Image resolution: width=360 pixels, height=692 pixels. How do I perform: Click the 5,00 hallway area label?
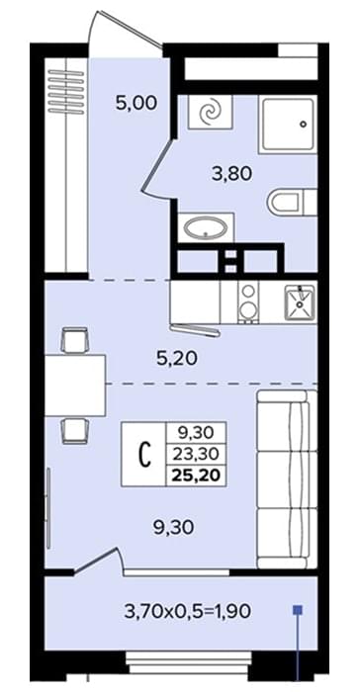tap(136, 104)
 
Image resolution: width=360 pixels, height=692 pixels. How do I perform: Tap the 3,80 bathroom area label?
tap(232, 173)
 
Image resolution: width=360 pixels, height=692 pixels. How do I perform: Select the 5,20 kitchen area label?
tap(177, 359)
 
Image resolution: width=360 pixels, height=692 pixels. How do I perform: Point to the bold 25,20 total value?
tap(196, 475)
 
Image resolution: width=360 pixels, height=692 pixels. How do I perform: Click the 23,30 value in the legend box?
tap(196, 453)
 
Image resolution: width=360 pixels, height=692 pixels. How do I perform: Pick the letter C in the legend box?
tap(144, 455)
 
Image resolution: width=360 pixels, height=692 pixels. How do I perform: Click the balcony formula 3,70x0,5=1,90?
tap(188, 611)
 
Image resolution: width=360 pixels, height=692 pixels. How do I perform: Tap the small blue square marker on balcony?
tap(298, 610)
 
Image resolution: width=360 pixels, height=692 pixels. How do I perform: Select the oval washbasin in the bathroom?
tap(206, 227)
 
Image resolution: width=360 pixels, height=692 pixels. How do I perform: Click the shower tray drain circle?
tap(303, 124)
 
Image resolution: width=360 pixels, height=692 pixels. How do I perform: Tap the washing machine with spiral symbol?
tap(211, 112)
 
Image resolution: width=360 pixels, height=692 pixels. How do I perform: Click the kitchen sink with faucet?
tap(300, 302)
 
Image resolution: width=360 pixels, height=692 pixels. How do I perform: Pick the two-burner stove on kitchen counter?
tap(248, 302)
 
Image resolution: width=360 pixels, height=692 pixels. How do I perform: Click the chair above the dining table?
tap(75, 340)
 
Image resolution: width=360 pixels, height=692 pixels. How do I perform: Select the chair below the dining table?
tap(75, 430)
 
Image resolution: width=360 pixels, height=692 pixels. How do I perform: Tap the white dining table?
tap(75, 385)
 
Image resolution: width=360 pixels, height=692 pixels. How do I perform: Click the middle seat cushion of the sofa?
tap(287, 479)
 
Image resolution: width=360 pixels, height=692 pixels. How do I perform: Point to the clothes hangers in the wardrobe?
tap(66, 91)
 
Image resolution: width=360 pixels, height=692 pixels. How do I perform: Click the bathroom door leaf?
tap(157, 165)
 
